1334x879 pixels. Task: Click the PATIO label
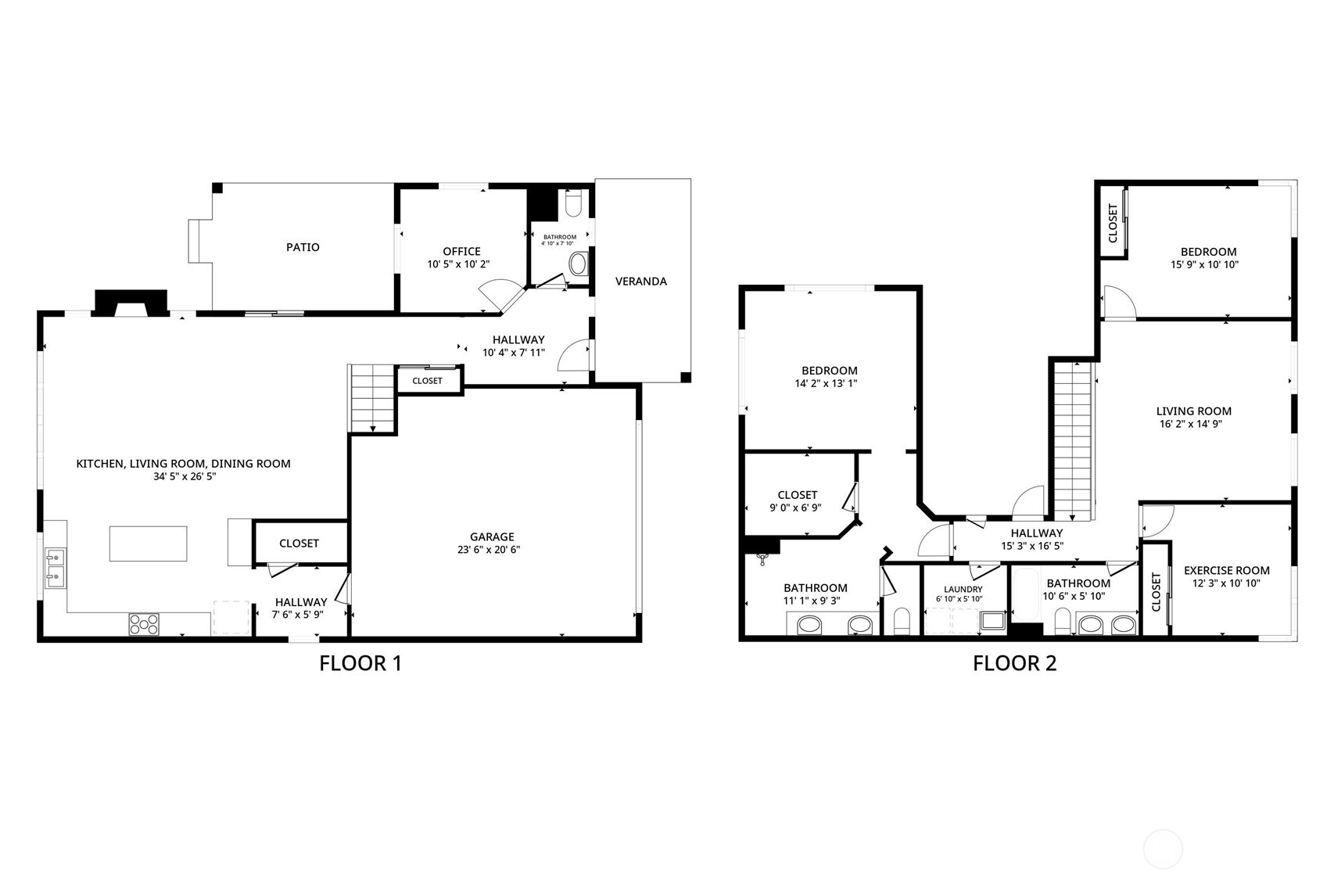click(x=303, y=247)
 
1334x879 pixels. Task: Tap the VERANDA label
click(x=640, y=282)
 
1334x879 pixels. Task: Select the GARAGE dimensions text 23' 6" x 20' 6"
click(x=492, y=550)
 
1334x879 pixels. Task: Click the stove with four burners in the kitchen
click(x=144, y=624)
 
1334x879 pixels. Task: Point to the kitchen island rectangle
click(x=148, y=544)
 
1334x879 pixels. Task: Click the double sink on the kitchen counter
click(x=56, y=569)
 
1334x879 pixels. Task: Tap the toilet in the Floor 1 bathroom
click(x=573, y=205)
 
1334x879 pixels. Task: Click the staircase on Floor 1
click(x=373, y=398)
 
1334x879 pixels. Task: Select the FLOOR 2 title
click(x=1014, y=664)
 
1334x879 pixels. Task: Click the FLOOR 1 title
click(x=360, y=664)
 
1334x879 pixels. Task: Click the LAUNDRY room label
click(x=963, y=590)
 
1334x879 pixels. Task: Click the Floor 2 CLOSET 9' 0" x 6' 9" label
click(x=798, y=495)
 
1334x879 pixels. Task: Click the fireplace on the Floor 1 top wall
click(x=131, y=303)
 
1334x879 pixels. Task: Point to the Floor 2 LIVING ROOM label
click(x=1193, y=411)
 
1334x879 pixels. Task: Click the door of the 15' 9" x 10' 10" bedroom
click(x=1118, y=303)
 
